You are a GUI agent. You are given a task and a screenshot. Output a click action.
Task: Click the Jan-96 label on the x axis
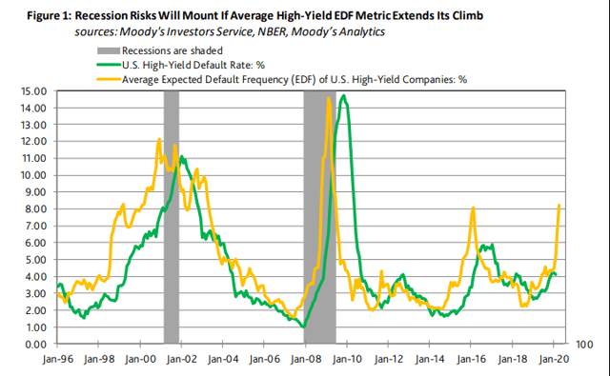[x=57, y=359]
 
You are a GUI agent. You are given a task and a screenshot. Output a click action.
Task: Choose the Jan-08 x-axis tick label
[x=306, y=359]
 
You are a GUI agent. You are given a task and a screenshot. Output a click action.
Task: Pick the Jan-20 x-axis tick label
[x=553, y=359]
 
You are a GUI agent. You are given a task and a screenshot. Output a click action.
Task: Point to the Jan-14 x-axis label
[x=430, y=359]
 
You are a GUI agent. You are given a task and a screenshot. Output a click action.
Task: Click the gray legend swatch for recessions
[x=108, y=50]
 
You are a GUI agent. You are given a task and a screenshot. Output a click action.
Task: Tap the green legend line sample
[x=108, y=66]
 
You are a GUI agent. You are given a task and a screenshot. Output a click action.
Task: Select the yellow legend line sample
[x=108, y=80]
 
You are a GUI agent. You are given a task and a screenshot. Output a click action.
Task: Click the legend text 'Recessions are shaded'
[x=173, y=50]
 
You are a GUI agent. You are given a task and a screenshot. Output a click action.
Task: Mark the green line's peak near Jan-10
[x=343, y=95]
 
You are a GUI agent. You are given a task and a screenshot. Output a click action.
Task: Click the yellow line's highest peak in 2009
[x=329, y=98]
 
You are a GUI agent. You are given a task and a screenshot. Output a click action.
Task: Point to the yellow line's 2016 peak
[x=473, y=208]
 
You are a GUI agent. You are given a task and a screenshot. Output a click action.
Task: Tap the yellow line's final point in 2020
[x=559, y=205]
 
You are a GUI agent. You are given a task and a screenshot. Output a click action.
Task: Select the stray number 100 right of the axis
[x=584, y=345]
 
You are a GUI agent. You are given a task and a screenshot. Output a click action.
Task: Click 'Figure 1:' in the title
[x=49, y=16]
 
